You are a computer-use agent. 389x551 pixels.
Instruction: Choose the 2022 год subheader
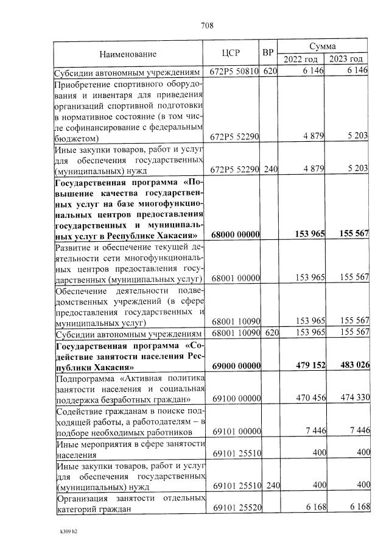coord(301,59)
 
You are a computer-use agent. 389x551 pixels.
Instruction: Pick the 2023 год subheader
coord(347,59)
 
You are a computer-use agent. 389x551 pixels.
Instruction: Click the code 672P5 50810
coord(235,71)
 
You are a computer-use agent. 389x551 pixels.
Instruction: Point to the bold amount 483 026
coord(351,365)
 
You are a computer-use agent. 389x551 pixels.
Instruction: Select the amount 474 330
coord(352,398)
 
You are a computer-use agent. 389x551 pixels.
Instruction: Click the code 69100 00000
coord(236,398)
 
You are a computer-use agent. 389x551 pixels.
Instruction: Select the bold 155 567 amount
coord(351,234)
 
